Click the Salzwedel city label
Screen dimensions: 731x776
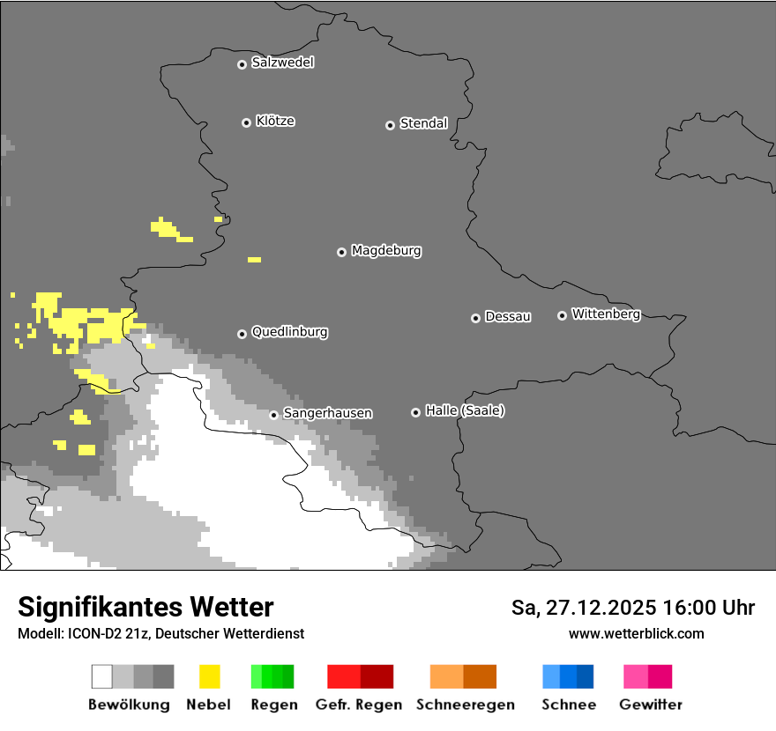(x=282, y=63)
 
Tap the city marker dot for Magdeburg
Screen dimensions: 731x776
(x=341, y=252)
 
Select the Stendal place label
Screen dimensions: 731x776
(x=423, y=123)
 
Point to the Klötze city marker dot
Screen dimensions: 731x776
(x=246, y=122)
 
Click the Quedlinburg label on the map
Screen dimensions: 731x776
(x=289, y=332)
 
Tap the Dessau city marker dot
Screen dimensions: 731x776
(x=475, y=318)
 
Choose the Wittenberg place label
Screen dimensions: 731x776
(x=606, y=314)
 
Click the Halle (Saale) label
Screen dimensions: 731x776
(x=465, y=410)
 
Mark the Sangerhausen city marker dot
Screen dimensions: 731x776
(x=273, y=415)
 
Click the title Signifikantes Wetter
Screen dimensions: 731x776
(x=145, y=607)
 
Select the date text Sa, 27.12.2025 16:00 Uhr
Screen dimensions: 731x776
(x=632, y=608)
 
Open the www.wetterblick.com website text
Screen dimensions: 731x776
(x=636, y=633)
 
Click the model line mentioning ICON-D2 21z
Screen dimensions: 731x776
(x=160, y=633)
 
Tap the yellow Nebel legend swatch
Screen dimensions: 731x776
(x=209, y=676)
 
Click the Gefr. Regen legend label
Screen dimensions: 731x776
(x=358, y=705)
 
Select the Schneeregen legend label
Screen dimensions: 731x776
(x=465, y=705)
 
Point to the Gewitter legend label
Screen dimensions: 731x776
(x=651, y=705)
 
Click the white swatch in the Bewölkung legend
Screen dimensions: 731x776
(x=101, y=676)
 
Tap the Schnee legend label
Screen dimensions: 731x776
(x=568, y=705)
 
